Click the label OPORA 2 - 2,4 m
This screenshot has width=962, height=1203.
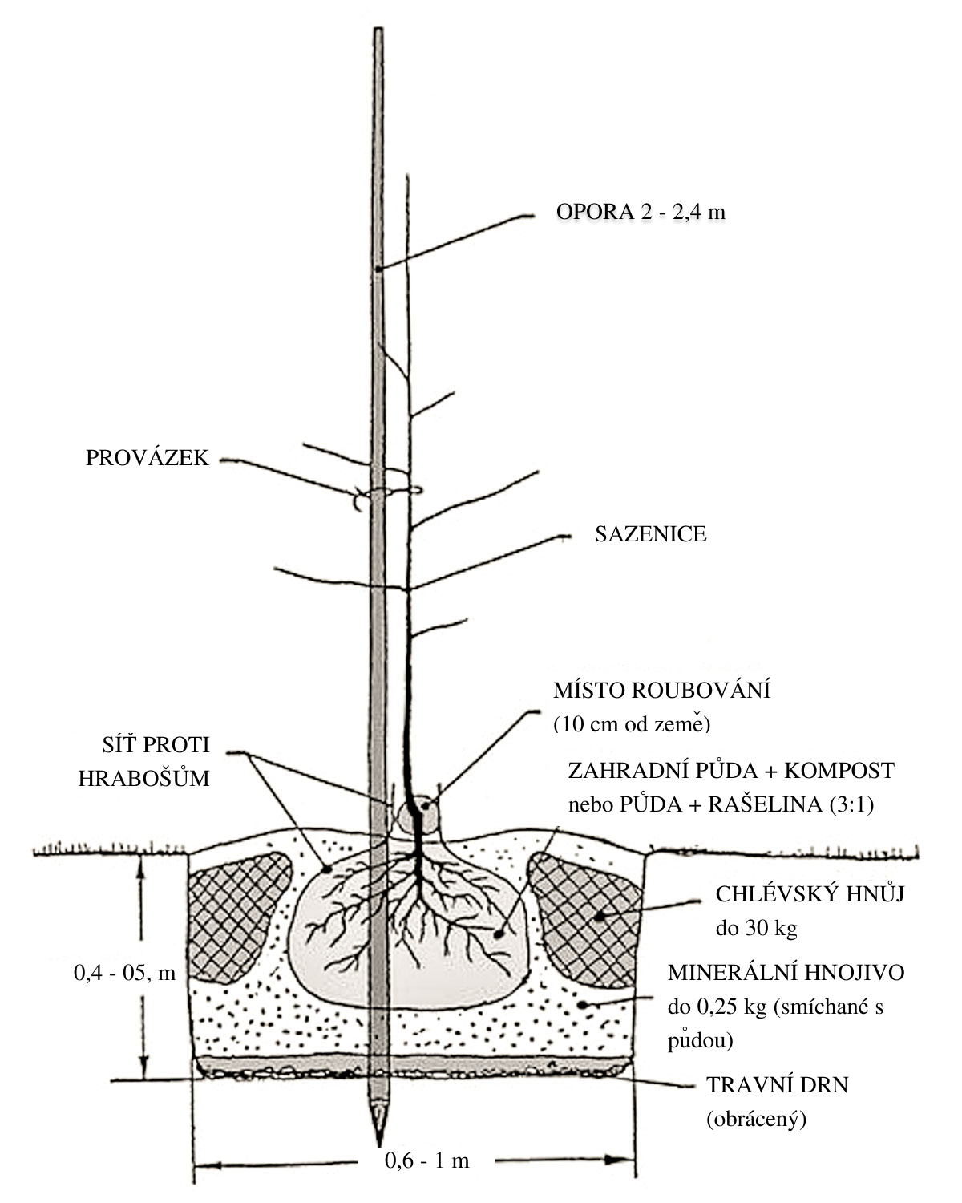click(x=641, y=212)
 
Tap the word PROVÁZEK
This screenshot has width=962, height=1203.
click(x=148, y=458)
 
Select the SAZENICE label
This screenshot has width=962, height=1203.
click(x=650, y=534)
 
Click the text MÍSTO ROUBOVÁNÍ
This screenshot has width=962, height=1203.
click(x=661, y=691)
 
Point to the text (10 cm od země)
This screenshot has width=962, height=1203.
click(x=633, y=724)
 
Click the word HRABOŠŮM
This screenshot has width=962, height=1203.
click(x=144, y=778)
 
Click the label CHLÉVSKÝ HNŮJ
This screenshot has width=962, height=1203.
click(x=810, y=894)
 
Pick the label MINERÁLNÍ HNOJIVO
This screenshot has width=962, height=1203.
click(x=786, y=973)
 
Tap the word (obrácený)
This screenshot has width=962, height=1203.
click(x=756, y=1120)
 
